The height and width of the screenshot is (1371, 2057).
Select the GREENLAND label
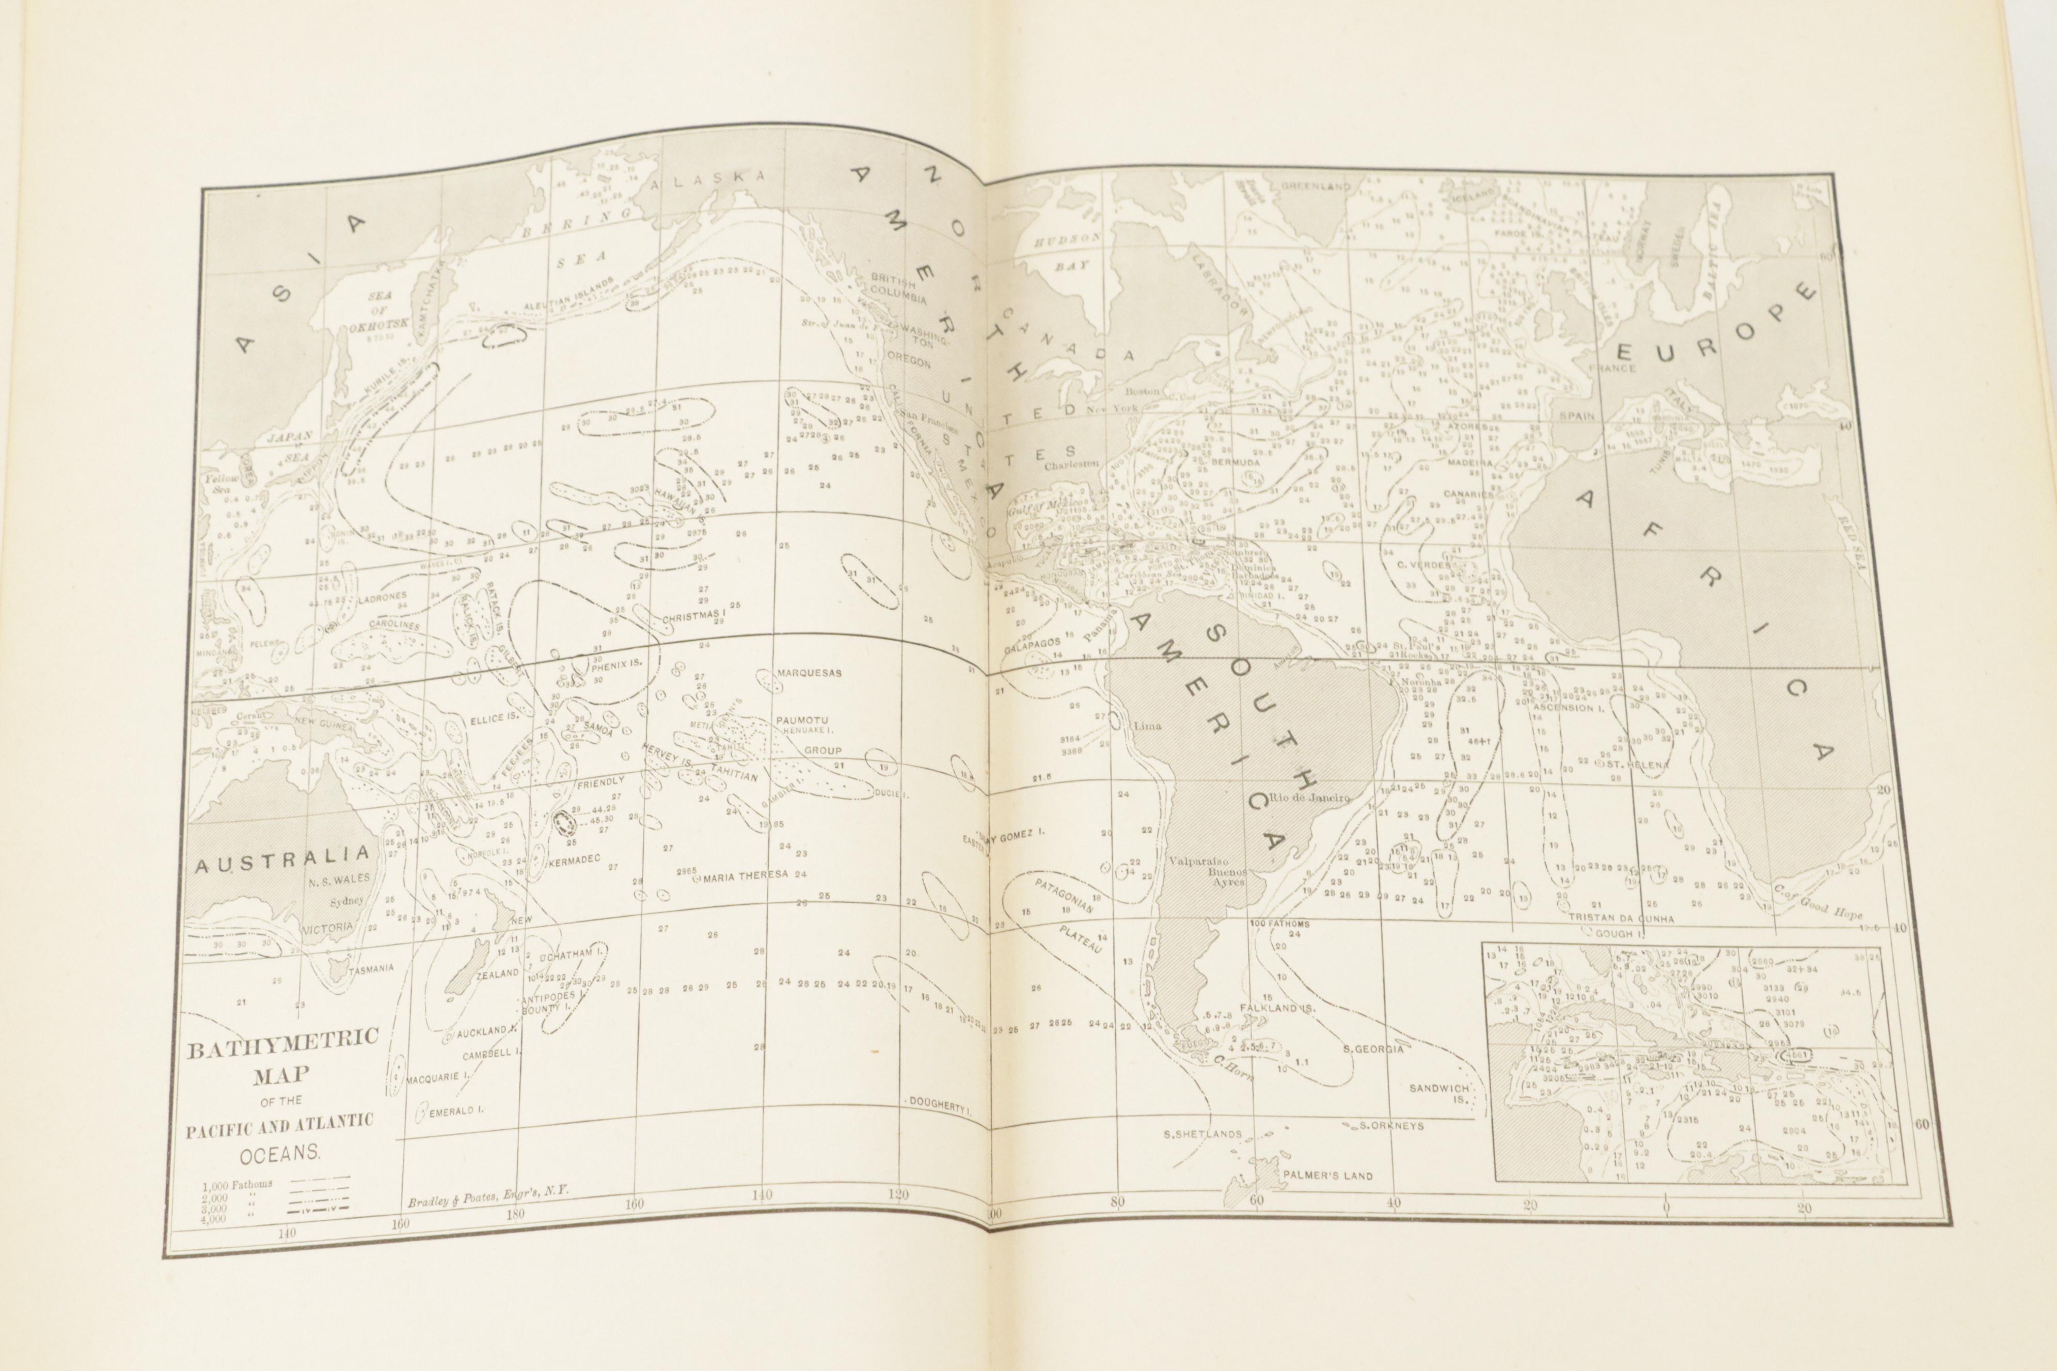[x=1316, y=187]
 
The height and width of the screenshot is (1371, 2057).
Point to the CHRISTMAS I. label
[x=694, y=617]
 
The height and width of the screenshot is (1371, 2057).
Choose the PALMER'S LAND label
[x=1327, y=1176]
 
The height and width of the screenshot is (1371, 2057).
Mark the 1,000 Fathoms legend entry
[x=238, y=1184]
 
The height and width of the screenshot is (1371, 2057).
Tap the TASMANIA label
[x=370, y=969]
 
